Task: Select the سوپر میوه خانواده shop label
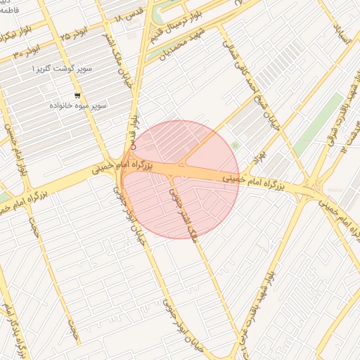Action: (x=78, y=105)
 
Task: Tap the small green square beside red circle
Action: (x=235, y=146)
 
